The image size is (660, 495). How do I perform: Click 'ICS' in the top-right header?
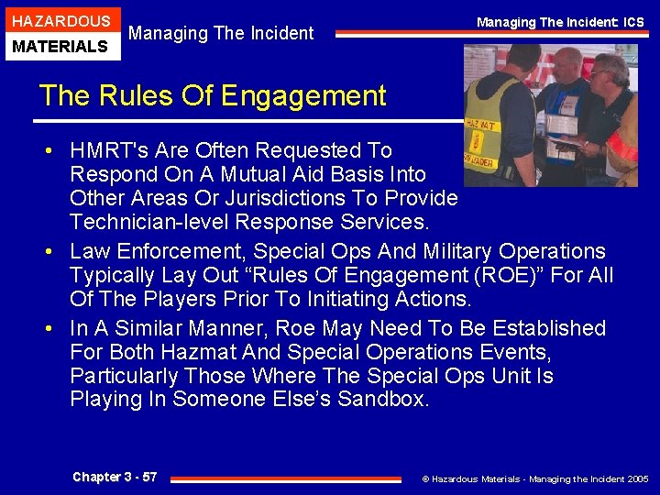pyautogui.click(x=633, y=21)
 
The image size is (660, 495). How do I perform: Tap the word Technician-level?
pyautogui.click(x=148, y=222)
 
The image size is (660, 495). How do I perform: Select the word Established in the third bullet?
pyautogui.click(x=549, y=328)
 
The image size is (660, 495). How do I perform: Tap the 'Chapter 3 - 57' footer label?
pyautogui.click(x=115, y=477)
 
